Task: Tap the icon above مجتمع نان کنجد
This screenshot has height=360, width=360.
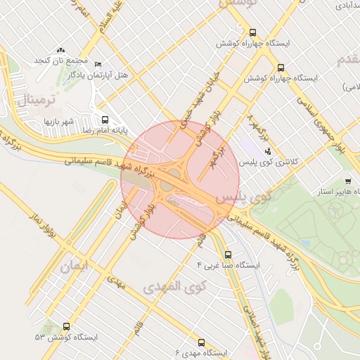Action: click(x=60, y=51)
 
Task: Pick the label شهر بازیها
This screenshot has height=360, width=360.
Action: click(x=60, y=122)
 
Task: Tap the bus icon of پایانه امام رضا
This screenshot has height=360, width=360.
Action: click(x=105, y=120)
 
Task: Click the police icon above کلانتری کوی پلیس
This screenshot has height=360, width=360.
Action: click(x=267, y=151)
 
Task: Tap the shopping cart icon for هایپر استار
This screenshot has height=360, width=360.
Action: click(x=347, y=181)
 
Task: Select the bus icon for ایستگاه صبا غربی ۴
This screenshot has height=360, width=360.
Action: click(x=227, y=255)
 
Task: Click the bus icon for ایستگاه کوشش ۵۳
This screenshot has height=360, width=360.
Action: click(x=66, y=326)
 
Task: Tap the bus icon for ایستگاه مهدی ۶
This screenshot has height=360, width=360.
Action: click(x=202, y=342)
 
